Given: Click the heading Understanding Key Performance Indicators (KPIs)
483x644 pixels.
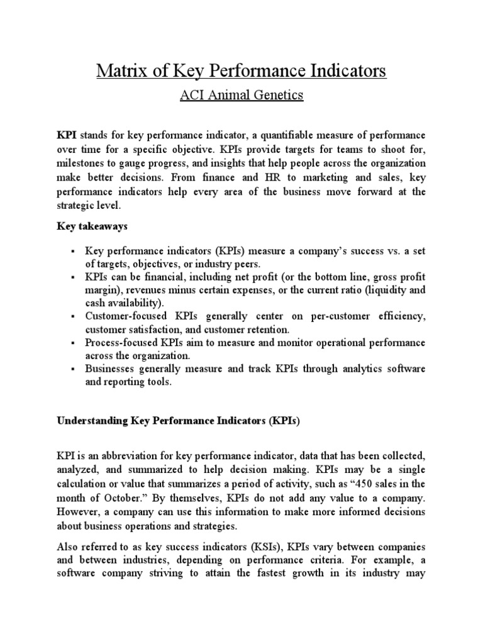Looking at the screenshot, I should pos(179,421).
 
